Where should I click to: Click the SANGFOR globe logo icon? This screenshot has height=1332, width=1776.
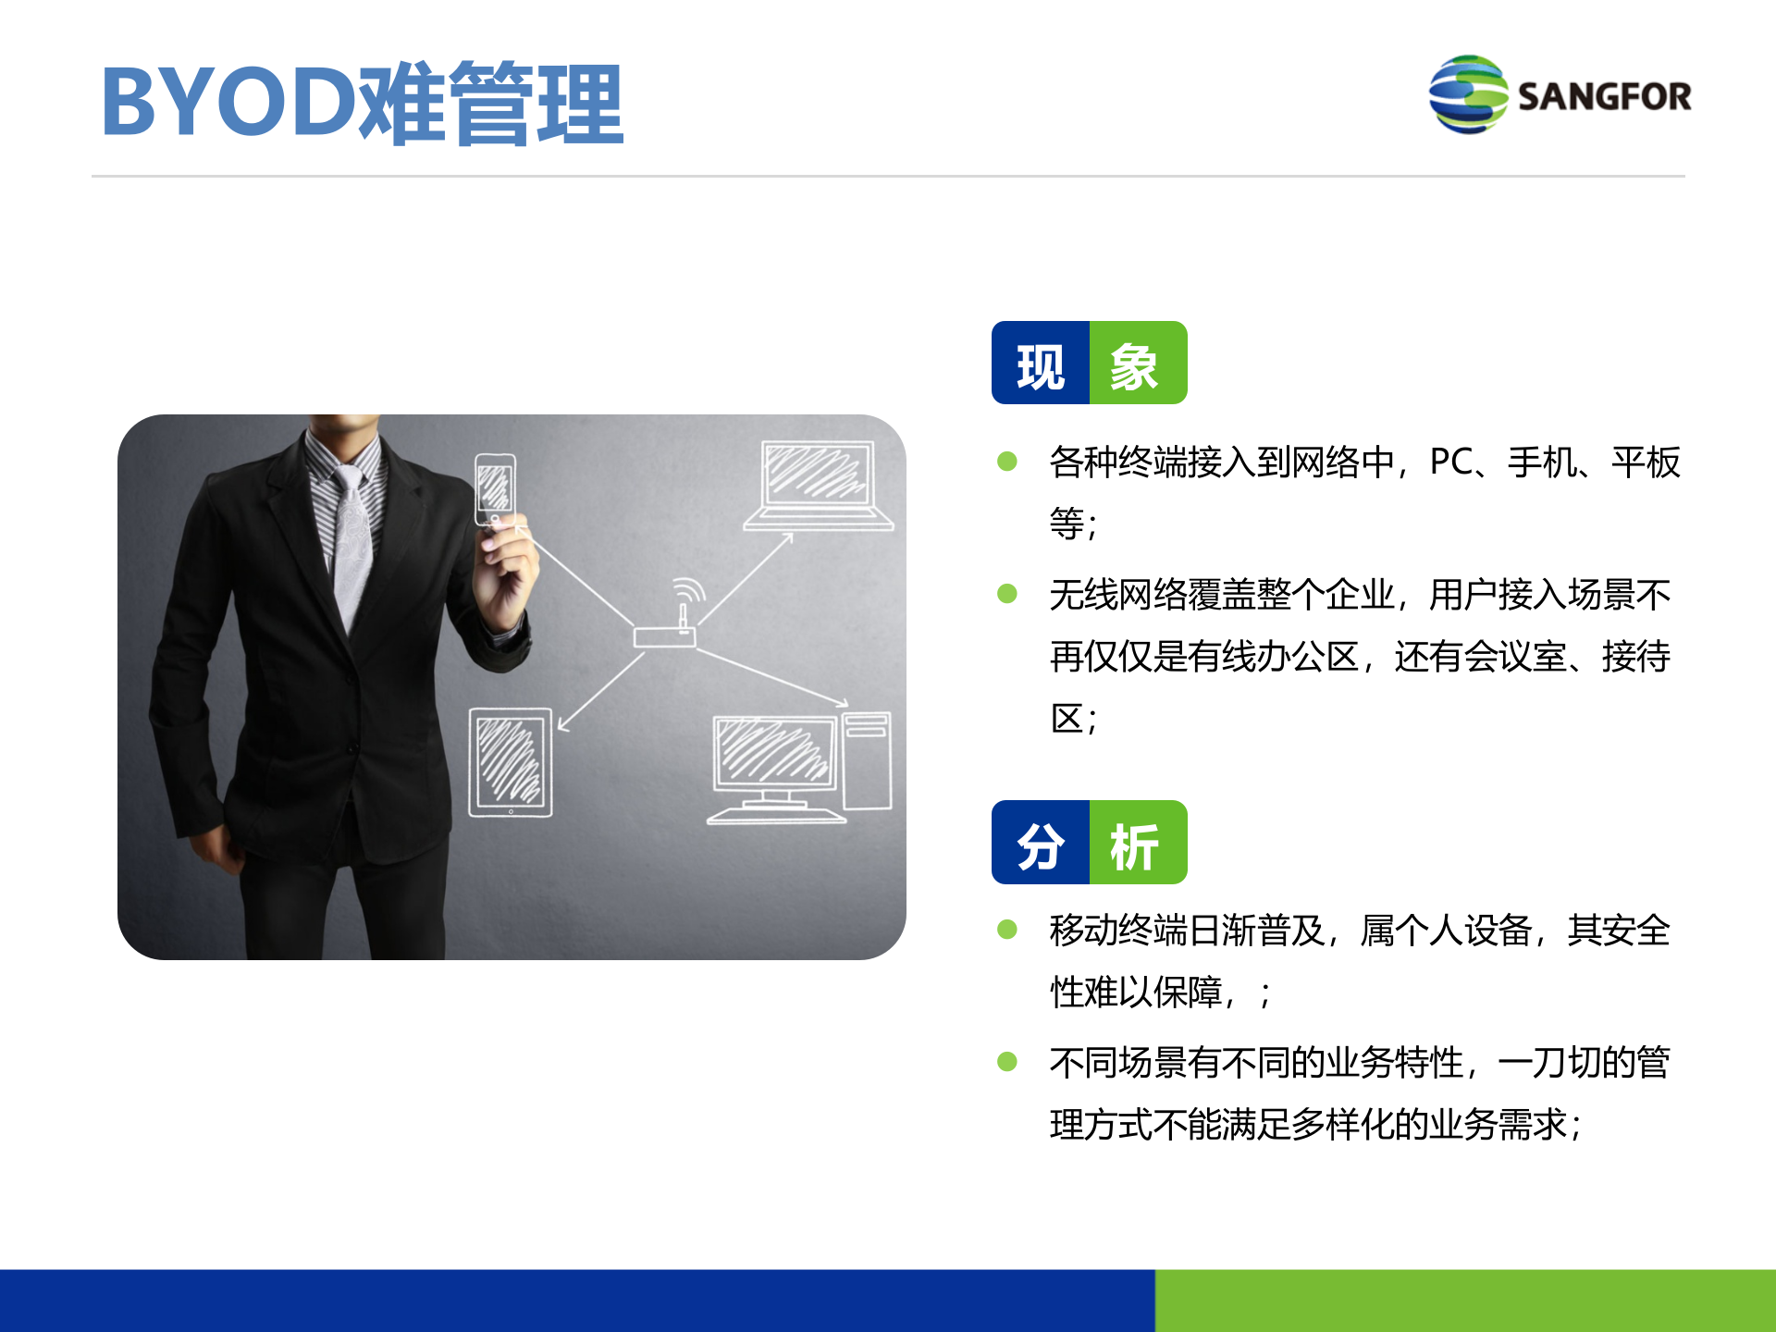(x=1468, y=94)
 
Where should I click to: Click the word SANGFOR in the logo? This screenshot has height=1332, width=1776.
(x=1604, y=96)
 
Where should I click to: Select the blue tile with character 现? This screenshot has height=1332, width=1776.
(x=1041, y=364)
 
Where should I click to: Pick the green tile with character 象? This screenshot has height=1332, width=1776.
(x=1138, y=364)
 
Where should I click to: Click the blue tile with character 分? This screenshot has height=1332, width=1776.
(x=1041, y=843)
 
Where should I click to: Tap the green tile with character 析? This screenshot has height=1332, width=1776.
(x=1138, y=843)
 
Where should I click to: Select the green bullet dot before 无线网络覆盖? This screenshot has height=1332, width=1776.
(x=1007, y=594)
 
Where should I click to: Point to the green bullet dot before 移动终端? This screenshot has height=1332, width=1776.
(x=1007, y=930)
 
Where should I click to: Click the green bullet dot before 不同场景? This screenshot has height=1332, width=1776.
(x=1007, y=1062)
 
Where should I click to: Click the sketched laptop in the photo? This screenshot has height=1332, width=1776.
(x=818, y=486)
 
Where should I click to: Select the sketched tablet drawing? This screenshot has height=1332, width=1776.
(x=511, y=762)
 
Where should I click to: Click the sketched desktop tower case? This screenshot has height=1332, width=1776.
(x=867, y=760)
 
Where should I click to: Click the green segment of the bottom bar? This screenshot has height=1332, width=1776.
(x=1465, y=1300)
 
